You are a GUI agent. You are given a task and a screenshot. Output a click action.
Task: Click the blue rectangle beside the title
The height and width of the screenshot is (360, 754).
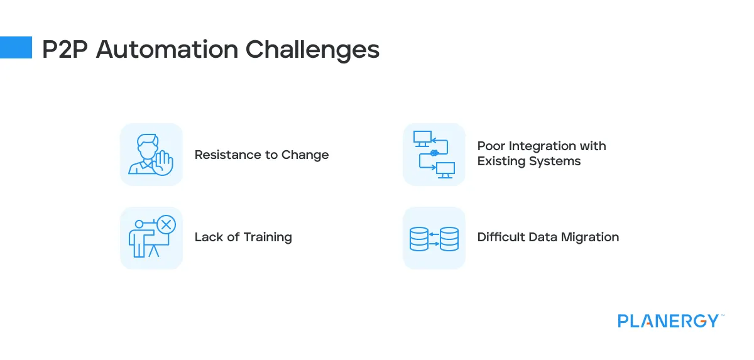pos(16,48)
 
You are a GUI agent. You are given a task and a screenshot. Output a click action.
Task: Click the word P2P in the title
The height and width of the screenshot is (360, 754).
pos(65,50)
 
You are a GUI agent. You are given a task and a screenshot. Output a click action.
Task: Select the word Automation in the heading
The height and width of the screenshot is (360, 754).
pos(167,50)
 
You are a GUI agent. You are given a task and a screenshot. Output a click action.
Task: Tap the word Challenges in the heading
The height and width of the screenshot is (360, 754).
pos(312,50)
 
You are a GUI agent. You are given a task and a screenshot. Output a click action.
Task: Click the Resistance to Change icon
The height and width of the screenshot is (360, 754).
pos(151,155)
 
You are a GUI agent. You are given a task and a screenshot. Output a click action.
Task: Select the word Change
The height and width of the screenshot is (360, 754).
pos(305,155)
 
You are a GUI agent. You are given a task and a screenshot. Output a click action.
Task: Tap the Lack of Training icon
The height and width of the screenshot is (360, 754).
pos(151,238)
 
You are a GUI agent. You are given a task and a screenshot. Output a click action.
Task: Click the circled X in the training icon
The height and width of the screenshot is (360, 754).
pos(167,224)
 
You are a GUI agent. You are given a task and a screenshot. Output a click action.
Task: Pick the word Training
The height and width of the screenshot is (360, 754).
pos(268,237)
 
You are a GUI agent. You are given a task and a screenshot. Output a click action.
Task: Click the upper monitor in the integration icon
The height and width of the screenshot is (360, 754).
pos(422,139)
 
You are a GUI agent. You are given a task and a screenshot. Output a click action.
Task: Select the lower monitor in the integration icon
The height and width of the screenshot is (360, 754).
pos(445,170)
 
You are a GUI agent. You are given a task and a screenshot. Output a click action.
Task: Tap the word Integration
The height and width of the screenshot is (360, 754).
pos(542,146)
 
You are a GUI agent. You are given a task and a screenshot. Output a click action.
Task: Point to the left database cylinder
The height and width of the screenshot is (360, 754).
pos(418,239)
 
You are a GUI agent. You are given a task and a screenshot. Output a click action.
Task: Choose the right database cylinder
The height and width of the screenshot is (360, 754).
pos(449,239)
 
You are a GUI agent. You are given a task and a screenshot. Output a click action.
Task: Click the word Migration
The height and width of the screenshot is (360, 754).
pos(590,237)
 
